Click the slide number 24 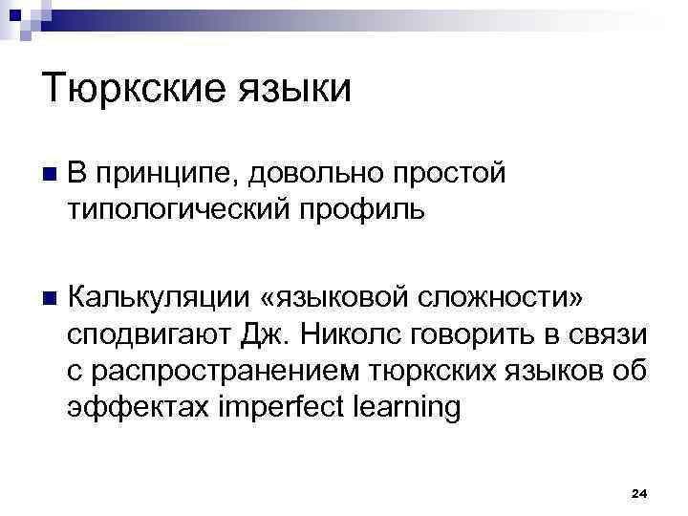(639, 493)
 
